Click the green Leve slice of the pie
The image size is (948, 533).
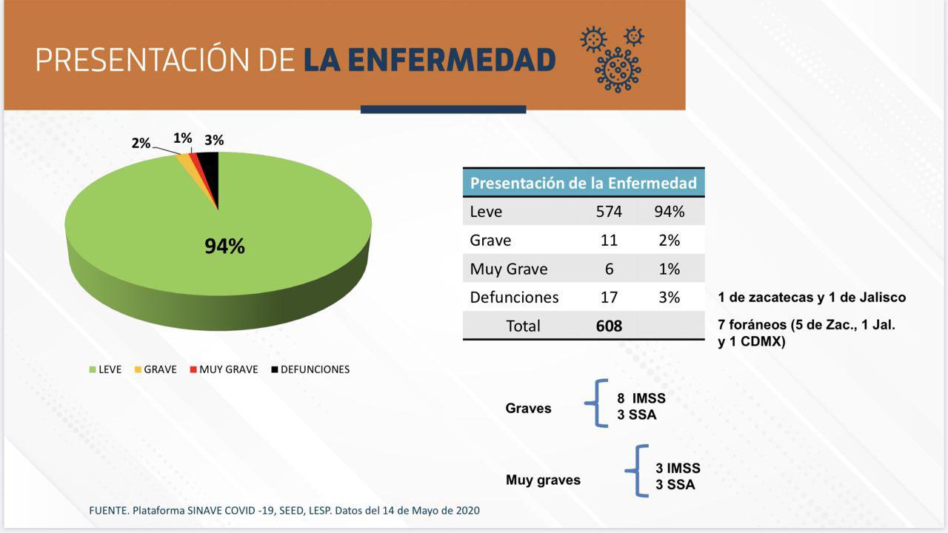click(148, 222)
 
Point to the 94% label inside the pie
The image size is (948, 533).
click(224, 247)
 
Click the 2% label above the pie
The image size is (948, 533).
click(141, 143)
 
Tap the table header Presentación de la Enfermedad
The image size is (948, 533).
click(583, 183)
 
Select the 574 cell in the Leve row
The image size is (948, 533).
click(609, 212)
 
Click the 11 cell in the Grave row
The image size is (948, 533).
click(609, 241)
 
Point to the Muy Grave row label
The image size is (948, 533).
click(508, 269)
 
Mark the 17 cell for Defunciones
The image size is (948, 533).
click(609, 298)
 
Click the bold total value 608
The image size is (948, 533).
click(609, 326)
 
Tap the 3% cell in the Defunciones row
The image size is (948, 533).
click(669, 298)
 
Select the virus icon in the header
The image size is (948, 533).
click(612, 59)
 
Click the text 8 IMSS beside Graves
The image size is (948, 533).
click(641, 399)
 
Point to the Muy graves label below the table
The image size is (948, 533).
click(543, 480)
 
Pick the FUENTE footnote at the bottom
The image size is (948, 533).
click(284, 511)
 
